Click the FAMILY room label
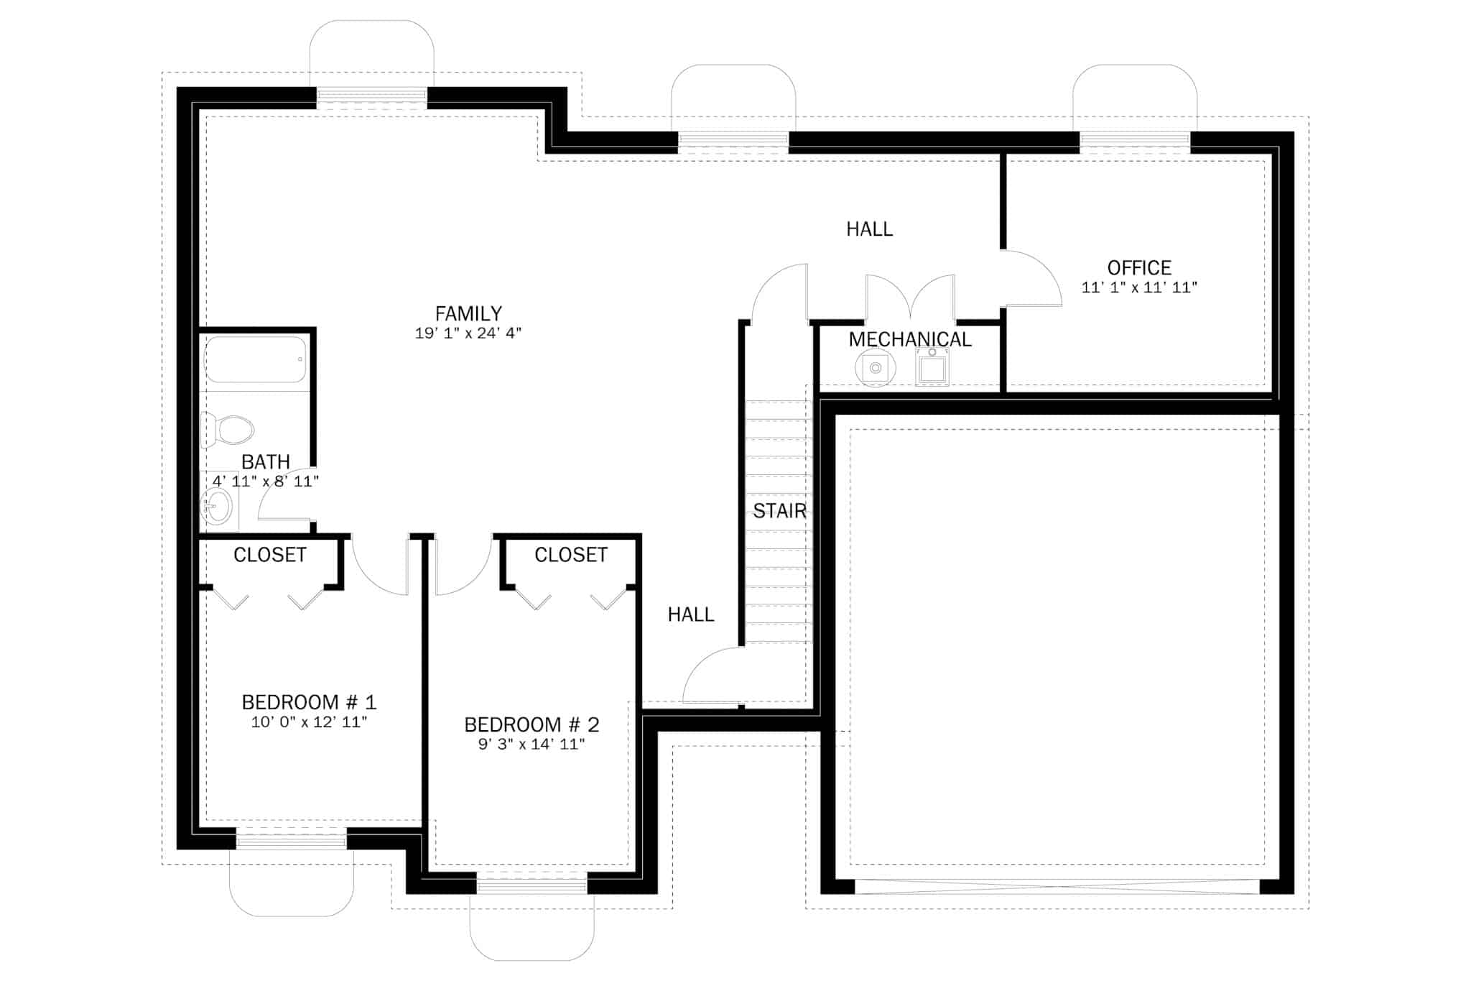pyautogui.click(x=468, y=313)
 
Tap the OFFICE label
pyautogui.click(x=1139, y=268)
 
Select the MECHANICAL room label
pyautogui.click(x=910, y=339)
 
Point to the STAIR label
pyautogui.click(x=779, y=511)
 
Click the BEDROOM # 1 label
pyautogui.click(x=309, y=702)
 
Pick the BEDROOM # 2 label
pyautogui.click(x=532, y=724)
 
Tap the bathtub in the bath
pyautogui.click(x=256, y=359)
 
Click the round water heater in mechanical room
pyautogui.click(x=876, y=368)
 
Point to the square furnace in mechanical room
pyautogui.click(x=932, y=368)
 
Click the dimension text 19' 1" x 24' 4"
pyautogui.click(x=468, y=333)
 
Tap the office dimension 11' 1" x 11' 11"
pyautogui.click(x=1139, y=287)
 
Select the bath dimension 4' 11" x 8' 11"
pyautogui.click(x=266, y=482)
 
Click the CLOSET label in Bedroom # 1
pyautogui.click(x=270, y=555)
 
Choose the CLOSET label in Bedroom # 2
pyautogui.click(x=571, y=555)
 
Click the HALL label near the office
pyautogui.click(x=869, y=229)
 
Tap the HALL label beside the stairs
pyautogui.click(x=691, y=614)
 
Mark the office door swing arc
pyautogui.click(x=1041, y=270)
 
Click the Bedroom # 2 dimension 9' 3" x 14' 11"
pyautogui.click(x=532, y=745)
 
